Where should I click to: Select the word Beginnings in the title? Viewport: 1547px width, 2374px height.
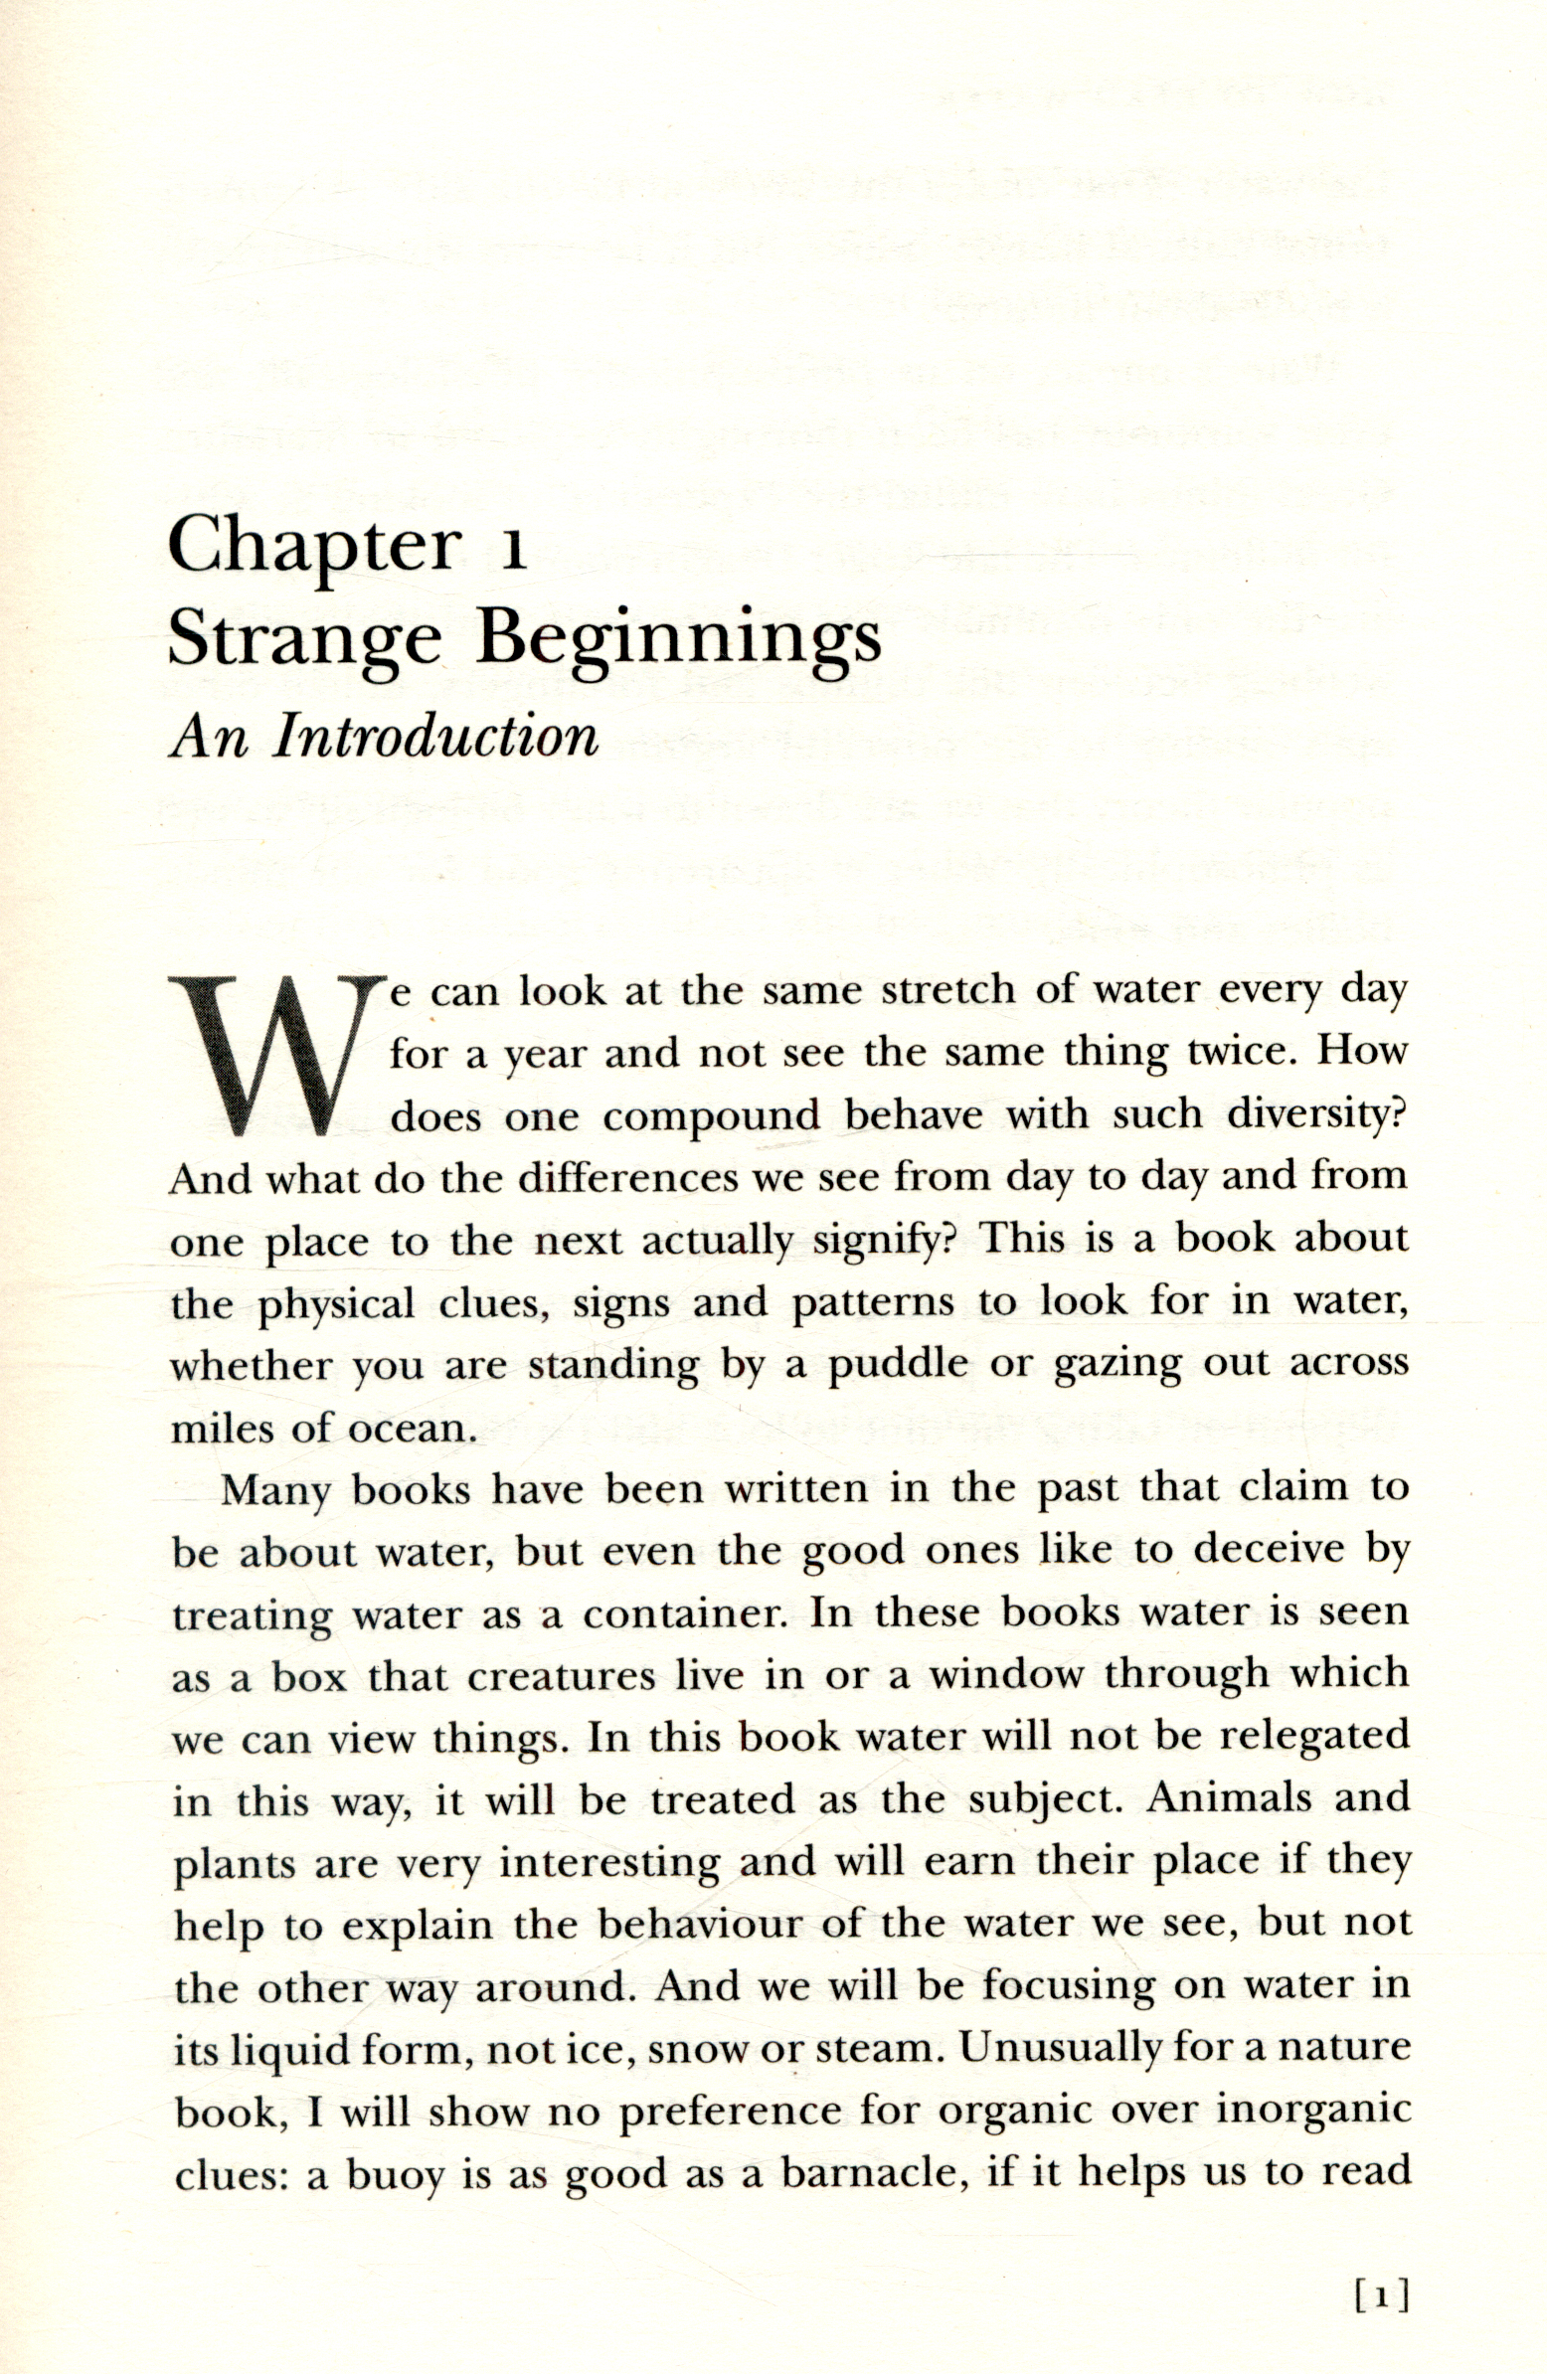click(679, 641)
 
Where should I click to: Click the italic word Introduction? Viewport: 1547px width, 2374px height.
click(435, 737)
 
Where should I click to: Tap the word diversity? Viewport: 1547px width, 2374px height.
click(1316, 1114)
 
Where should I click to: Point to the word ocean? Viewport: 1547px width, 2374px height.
click(409, 1429)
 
